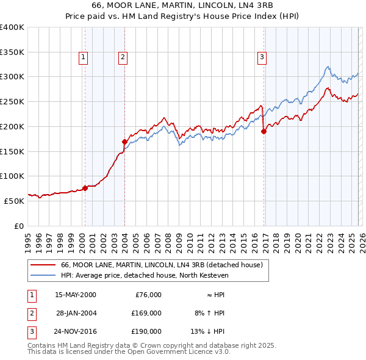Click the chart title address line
pyautogui.click(x=182, y=5)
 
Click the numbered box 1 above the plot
pyautogui.click(x=83, y=57)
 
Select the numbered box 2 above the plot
pyautogui.click(x=123, y=57)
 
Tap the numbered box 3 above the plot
pyautogui.click(x=262, y=57)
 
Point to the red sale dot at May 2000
pyautogui.click(x=85, y=188)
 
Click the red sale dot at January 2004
pyautogui.click(x=124, y=142)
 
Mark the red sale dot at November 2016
pyautogui.click(x=264, y=131)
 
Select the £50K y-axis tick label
pyautogui.click(x=15, y=201)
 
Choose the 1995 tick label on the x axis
pyautogui.click(x=28, y=239)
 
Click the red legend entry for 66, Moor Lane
pyautogui.click(x=161, y=265)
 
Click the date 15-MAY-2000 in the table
pyautogui.click(x=75, y=295)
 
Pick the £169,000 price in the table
pyautogui.click(x=146, y=313)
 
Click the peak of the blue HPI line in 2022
pyautogui.click(x=328, y=67)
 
